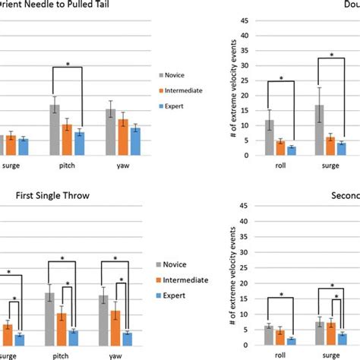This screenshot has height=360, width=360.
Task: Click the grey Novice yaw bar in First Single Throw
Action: (106, 320)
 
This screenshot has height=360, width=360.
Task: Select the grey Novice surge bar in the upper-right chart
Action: (320, 130)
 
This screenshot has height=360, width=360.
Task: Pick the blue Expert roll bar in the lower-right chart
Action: (292, 342)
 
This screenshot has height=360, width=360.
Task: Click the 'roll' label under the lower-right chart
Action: (279, 354)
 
